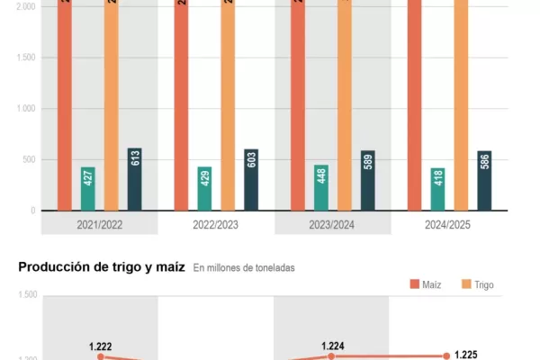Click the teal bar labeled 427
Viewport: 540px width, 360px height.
(x=88, y=188)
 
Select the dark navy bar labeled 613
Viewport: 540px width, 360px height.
(x=134, y=179)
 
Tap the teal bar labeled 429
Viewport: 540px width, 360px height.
(x=205, y=188)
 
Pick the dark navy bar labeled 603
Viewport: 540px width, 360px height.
(x=251, y=180)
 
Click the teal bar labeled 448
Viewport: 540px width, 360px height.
(x=321, y=187)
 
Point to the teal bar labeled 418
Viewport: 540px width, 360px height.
(x=438, y=189)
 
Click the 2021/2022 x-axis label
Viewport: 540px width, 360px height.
(x=100, y=223)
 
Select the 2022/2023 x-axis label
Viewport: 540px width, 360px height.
(x=217, y=223)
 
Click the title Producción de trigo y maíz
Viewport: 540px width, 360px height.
(x=102, y=266)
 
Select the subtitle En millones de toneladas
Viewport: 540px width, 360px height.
(x=244, y=267)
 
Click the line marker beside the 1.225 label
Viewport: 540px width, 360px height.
(x=446, y=356)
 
